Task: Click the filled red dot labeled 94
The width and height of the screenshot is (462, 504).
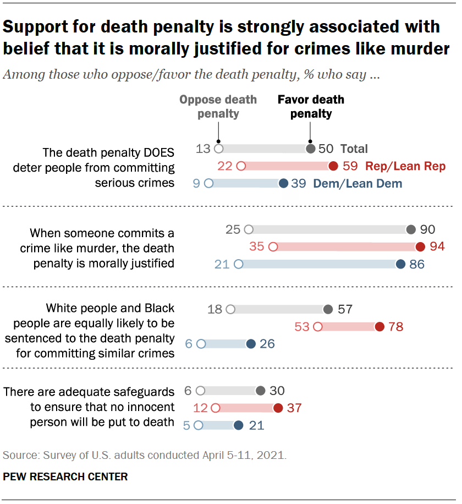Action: point(421,247)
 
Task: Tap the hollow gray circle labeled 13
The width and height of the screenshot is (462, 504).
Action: point(218,149)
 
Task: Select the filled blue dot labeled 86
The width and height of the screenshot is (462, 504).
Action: point(400,264)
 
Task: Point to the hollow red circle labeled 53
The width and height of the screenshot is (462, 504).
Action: point(317,327)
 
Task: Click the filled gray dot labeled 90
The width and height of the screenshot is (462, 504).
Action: point(410,229)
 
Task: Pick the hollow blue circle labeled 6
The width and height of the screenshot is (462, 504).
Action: point(201,344)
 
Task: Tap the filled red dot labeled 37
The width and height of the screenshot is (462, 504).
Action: point(278,408)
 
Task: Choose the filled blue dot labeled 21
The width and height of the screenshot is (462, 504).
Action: point(238,425)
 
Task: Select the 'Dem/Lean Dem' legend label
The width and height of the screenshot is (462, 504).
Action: point(358,184)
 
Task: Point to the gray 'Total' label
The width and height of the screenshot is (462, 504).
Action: point(354,149)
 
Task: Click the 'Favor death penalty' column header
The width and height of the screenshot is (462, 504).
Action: point(311,107)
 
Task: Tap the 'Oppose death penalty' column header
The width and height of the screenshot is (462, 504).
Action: point(218,107)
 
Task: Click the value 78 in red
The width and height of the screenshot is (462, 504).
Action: point(396,327)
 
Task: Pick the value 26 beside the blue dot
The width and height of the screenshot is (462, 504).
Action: point(267,344)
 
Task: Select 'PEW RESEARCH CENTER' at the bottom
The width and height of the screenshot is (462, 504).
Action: point(65,476)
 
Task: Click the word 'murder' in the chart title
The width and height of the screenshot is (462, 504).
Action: point(417,48)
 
